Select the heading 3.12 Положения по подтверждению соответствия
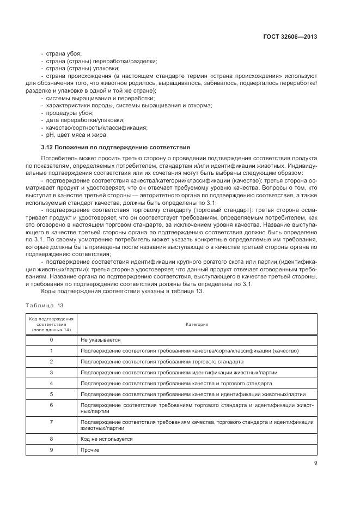pos(115,147)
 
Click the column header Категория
pos(197,324)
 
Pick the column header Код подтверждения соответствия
pos(51,324)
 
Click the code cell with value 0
pos(51,339)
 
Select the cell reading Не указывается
pos(100,339)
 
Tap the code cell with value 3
pos(51,372)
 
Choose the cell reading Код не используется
pos(106,439)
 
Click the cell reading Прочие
pos(90,450)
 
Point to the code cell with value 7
pos(51,422)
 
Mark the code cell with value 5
pos(51,394)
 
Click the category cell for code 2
pos(162,361)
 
